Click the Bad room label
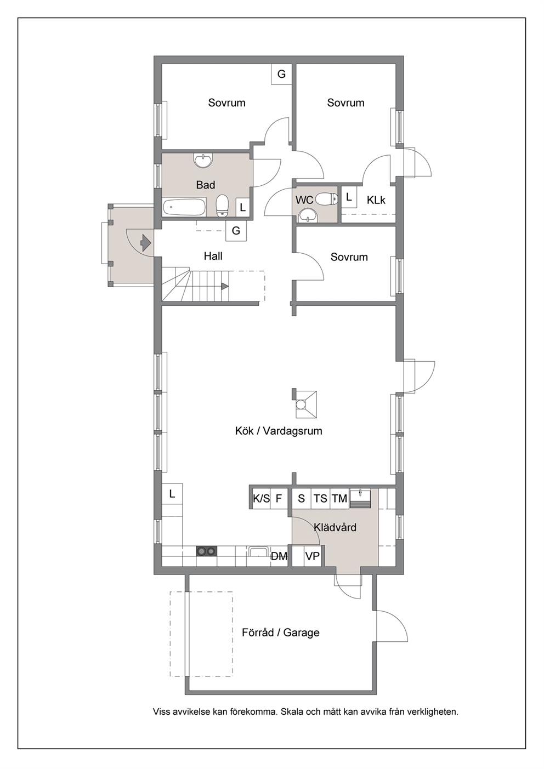(206, 185)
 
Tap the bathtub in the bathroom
(184, 207)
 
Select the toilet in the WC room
(327, 198)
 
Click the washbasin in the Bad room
(203, 161)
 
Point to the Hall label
(213, 256)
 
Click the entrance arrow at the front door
(146, 242)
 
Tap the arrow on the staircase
(225, 286)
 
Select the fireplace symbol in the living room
(304, 404)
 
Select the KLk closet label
(376, 200)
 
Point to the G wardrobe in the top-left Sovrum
(281, 74)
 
